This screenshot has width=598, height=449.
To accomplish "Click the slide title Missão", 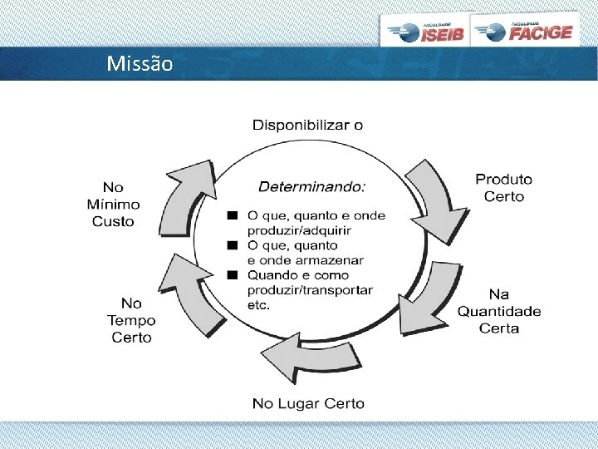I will pyautogui.click(x=140, y=63).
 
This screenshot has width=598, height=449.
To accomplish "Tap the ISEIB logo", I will pyautogui.click(x=426, y=32).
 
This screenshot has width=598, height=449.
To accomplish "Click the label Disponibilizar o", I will pyautogui.click(x=307, y=126).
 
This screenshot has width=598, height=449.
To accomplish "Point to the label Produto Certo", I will pyautogui.click(x=503, y=188).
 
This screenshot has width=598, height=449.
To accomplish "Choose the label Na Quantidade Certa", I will pyautogui.click(x=499, y=311).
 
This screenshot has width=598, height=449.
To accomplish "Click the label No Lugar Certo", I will pyautogui.click(x=308, y=403).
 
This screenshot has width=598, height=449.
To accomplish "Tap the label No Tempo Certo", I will pyautogui.click(x=131, y=320).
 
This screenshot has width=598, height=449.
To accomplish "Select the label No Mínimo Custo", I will pyautogui.click(x=113, y=205).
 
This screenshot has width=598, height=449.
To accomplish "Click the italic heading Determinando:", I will pyautogui.click(x=312, y=186).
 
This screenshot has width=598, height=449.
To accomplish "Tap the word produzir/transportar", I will pyautogui.click(x=310, y=289).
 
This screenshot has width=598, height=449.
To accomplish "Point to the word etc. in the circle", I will pyautogui.click(x=258, y=304).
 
